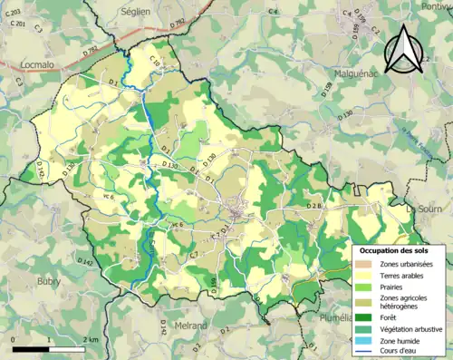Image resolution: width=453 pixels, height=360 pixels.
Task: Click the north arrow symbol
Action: pos(403,49)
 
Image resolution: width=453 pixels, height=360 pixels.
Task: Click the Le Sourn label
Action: pos(423,208)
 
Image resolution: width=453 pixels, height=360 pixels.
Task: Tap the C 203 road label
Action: pos(15,12)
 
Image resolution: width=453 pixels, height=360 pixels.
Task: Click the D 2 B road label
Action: pos(313,206)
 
